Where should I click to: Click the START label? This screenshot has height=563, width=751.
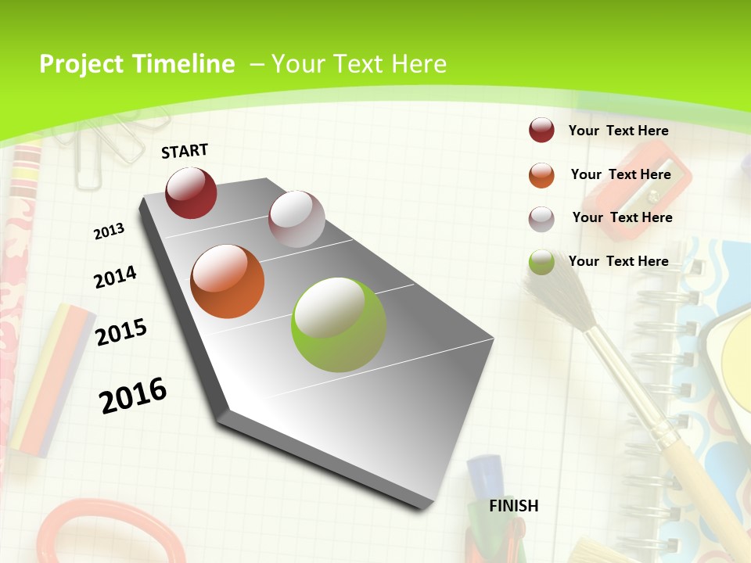pos(185,151)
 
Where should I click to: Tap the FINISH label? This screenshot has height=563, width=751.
pos(513,506)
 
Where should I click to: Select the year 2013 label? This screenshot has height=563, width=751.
pos(109,231)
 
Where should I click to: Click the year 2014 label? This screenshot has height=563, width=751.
pos(115,277)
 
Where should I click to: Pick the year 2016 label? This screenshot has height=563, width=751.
pos(133,395)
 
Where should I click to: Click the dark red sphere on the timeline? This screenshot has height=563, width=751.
pos(191,192)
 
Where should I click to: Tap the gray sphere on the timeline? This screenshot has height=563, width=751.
pos(296,219)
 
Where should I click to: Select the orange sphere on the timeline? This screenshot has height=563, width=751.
pos(227,281)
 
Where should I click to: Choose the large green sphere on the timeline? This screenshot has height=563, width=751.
pos(339,325)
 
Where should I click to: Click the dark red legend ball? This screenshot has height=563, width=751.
pos(541,131)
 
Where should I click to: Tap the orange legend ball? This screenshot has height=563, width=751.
pos(541,175)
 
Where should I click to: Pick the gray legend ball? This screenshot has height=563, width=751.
pos(541,219)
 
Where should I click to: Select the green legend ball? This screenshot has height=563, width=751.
pos(541,262)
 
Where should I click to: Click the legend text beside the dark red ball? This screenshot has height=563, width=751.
pos(618,131)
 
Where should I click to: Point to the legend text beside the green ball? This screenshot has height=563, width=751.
pos(618,261)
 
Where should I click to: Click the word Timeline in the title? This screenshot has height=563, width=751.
pos(185,64)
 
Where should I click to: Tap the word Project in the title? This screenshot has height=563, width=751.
pos(82,64)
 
